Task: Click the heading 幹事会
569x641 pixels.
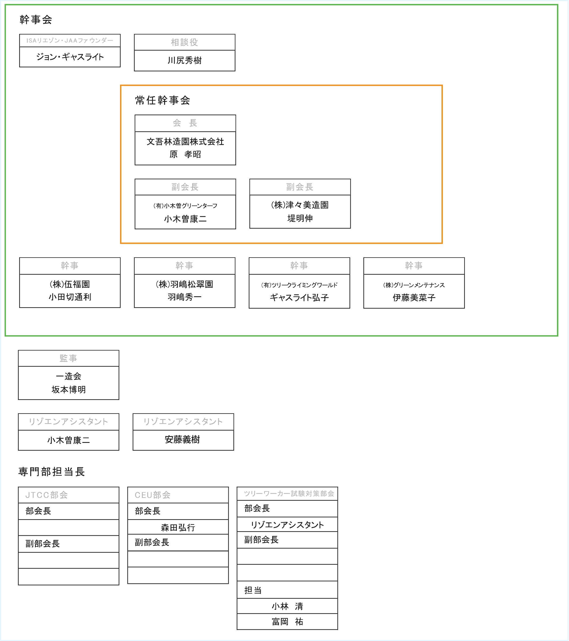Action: coord(36,19)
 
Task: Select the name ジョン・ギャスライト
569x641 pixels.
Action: coord(70,57)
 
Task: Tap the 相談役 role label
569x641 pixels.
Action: coord(184,42)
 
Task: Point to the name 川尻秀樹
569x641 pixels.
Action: coord(184,60)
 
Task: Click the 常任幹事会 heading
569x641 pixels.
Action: coord(162,100)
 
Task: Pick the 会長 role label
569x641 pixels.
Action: coord(185,123)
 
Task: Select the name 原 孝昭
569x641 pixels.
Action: coord(185,154)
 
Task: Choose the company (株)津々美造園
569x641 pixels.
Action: coord(300,205)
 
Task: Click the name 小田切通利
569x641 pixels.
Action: coord(70,297)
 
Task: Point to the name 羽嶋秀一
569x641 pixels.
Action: coord(184,297)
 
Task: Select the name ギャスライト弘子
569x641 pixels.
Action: coord(299,297)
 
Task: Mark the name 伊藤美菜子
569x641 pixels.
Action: coord(414,297)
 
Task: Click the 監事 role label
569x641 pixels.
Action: coord(68,358)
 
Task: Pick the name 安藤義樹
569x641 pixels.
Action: coord(182,439)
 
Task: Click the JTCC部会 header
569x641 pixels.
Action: coord(46,495)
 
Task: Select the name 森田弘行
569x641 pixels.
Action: coord(178,527)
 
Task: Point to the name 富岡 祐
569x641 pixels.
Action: coord(287,621)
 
